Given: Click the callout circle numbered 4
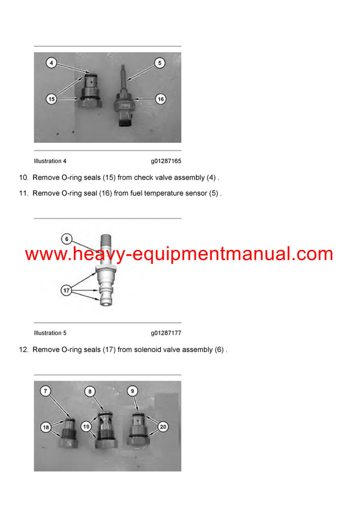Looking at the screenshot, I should click(x=52, y=63).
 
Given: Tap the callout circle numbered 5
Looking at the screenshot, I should click(x=159, y=62).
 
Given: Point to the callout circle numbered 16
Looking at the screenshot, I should click(x=160, y=100).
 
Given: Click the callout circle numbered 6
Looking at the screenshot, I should click(x=67, y=239).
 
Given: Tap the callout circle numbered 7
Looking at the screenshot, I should click(x=46, y=391).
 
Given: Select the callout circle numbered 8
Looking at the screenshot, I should click(x=90, y=391).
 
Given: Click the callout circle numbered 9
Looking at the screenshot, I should click(x=133, y=390).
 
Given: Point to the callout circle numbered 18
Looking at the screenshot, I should click(x=46, y=426).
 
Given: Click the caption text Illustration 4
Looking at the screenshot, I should click(x=50, y=161).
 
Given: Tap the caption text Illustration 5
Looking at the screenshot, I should click(x=50, y=333).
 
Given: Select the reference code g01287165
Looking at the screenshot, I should click(x=166, y=161).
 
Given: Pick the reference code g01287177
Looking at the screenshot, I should click(x=166, y=333).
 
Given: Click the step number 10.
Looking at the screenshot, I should click(x=23, y=177).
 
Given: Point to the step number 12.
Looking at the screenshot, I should click(x=23, y=350).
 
